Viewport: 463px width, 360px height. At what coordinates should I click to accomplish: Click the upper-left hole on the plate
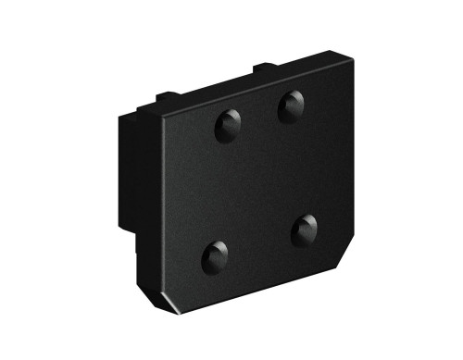(229, 124)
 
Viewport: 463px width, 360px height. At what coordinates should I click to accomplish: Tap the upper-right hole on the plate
(293, 106)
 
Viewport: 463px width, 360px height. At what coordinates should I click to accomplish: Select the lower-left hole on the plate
(216, 255)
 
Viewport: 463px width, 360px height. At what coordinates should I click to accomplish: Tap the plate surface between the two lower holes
(260, 242)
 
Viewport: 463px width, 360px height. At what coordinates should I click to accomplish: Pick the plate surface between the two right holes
(299, 168)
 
